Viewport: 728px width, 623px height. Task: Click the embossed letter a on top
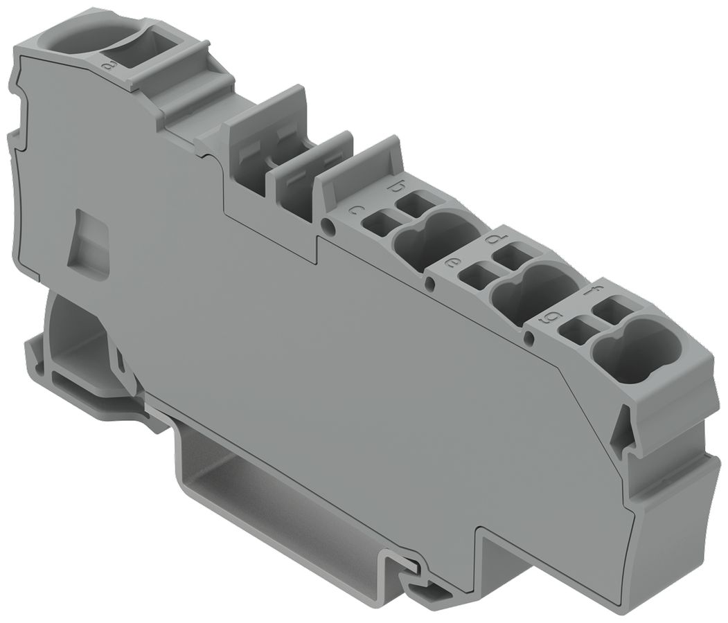[107, 66]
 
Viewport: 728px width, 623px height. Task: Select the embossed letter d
[494, 239]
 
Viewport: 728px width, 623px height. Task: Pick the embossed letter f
[591, 292]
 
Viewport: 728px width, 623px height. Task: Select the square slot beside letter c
[378, 224]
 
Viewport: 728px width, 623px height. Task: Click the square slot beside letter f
[612, 310]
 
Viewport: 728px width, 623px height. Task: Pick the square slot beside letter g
[574, 330]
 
